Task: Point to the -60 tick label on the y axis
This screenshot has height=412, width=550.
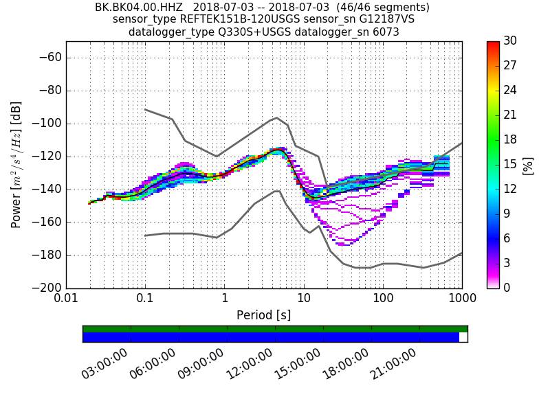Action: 49,58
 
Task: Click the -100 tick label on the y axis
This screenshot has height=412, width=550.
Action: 46,124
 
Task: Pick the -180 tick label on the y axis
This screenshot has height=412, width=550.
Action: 46,255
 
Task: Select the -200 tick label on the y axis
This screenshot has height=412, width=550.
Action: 46,288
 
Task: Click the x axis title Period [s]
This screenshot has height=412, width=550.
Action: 264,316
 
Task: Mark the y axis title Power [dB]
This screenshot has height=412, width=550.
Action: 16,165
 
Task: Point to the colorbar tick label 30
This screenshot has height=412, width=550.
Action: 511,41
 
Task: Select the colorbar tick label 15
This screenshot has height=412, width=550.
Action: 511,165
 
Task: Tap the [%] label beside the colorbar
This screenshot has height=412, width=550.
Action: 528,165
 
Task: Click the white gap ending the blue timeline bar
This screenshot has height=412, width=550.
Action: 463,337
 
